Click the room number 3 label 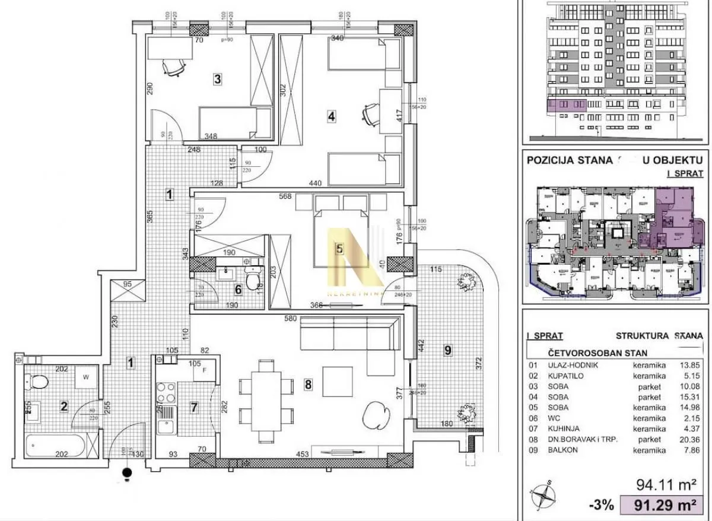point(218,78)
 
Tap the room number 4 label point(331,117)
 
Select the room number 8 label point(307,385)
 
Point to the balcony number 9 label point(449,351)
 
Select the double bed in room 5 point(341,237)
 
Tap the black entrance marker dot point(126,473)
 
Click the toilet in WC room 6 point(253,279)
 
